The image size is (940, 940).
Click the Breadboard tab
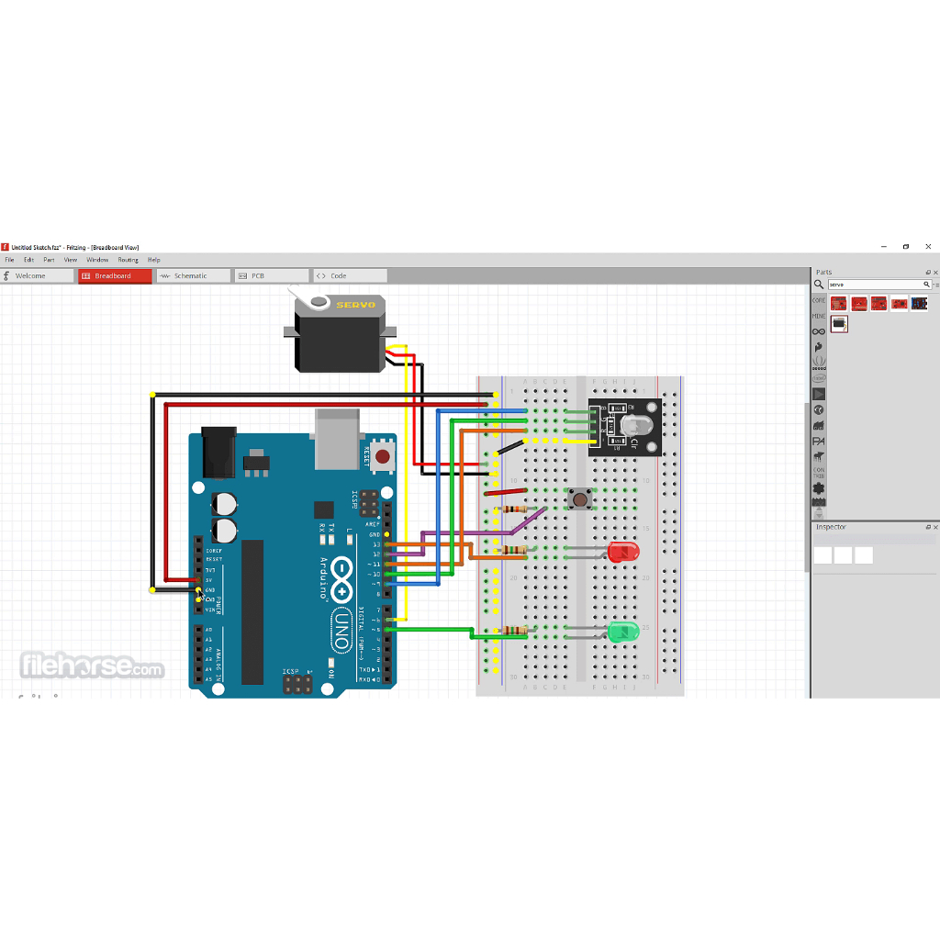tap(114, 275)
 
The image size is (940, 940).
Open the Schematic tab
tap(191, 275)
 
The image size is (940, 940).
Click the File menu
tap(9, 260)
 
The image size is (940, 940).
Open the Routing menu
tap(128, 260)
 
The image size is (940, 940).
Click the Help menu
tap(154, 260)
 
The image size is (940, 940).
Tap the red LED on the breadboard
tap(622, 552)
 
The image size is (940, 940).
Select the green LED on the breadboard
tap(622, 632)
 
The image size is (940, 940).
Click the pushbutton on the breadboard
tap(579, 499)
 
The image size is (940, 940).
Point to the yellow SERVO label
tap(350, 305)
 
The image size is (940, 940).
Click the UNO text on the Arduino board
tap(341, 631)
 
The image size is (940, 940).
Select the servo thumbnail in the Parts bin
tap(839, 323)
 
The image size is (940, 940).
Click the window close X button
tap(928, 247)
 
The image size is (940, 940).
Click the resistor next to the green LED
tap(515, 631)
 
